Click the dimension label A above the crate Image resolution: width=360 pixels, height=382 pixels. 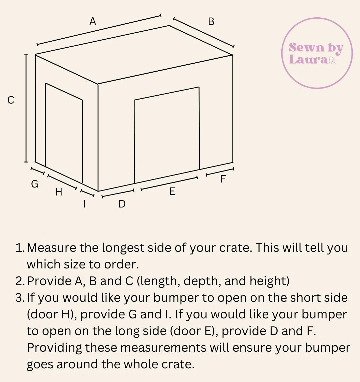[x=93, y=21]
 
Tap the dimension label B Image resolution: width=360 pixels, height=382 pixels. [x=211, y=22]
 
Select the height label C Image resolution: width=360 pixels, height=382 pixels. [x=11, y=100]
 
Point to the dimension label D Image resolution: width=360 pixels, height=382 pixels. [x=122, y=204]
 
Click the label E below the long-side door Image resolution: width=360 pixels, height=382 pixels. [x=172, y=191]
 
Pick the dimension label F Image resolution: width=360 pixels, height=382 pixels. [x=223, y=179]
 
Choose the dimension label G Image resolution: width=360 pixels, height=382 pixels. [x=35, y=184]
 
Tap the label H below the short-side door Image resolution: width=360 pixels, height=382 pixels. [x=59, y=192]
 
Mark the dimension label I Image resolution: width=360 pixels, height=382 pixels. [x=84, y=204]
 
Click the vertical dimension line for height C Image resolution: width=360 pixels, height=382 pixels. [x=26, y=109]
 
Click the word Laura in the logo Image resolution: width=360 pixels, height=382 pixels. [x=309, y=59]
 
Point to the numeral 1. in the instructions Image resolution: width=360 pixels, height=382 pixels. [x=20, y=248]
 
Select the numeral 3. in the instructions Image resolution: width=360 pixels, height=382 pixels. [x=20, y=298]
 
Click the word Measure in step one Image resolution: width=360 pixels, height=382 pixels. [x=51, y=248]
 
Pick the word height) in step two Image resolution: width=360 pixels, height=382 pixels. [x=270, y=281]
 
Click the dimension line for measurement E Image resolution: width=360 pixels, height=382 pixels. [x=169, y=183]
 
